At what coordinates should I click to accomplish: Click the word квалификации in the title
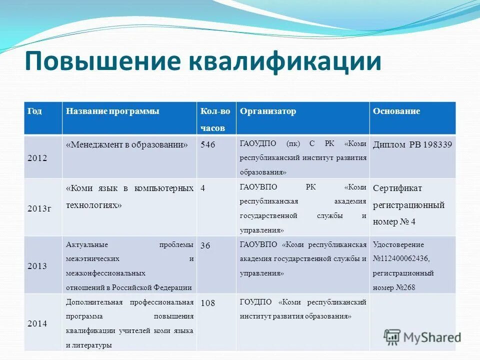click(284, 62)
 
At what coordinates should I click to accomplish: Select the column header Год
click(34, 111)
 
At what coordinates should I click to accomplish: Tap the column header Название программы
click(112, 111)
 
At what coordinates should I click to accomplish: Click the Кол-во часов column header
click(215, 119)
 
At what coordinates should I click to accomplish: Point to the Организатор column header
click(268, 111)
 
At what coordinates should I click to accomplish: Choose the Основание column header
click(396, 111)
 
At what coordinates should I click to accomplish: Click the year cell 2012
click(37, 158)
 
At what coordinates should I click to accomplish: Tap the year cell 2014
click(37, 323)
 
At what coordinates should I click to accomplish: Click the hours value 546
click(208, 145)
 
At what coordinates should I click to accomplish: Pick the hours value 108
click(208, 303)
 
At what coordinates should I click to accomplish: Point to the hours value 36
click(205, 245)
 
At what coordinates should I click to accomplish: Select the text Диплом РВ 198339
click(412, 145)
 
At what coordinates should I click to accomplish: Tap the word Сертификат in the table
click(397, 188)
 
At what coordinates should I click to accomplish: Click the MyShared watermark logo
click(422, 337)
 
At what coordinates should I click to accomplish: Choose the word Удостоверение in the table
click(398, 245)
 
